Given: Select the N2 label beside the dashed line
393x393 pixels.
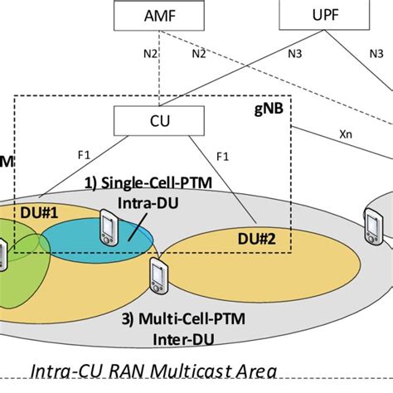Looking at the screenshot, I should (199, 56).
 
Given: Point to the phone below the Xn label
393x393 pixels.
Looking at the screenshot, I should (372, 223).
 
